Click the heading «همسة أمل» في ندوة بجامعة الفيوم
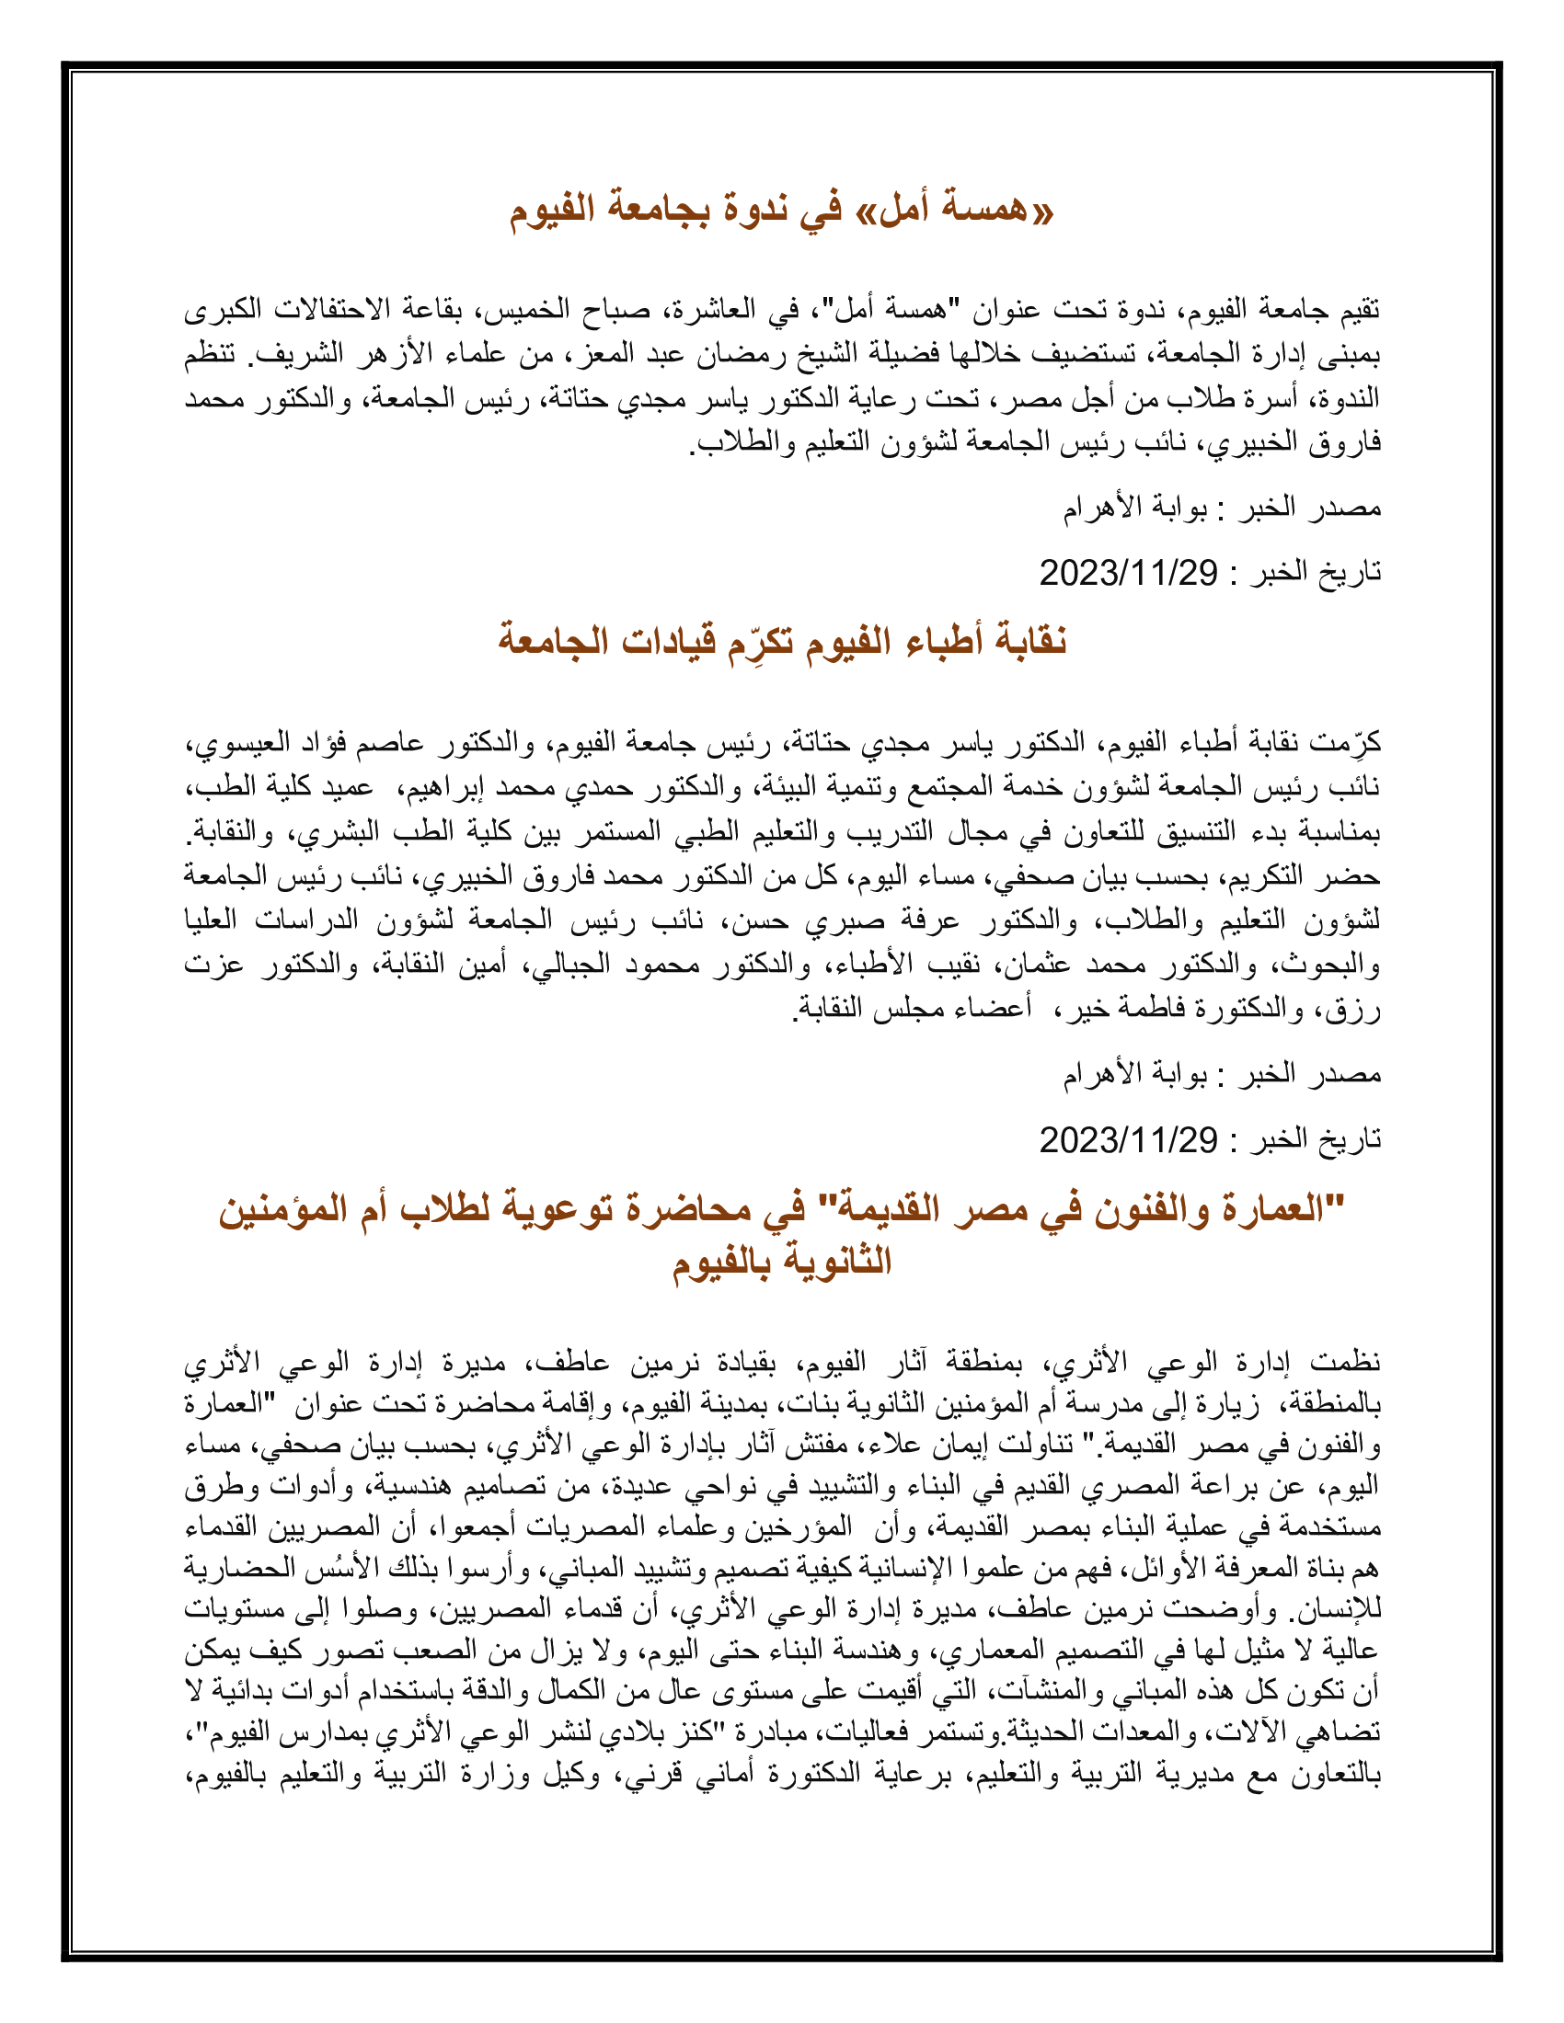click(x=781, y=211)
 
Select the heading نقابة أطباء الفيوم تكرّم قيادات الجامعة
click(x=781, y=641)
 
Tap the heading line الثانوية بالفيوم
click(x=781, y=1262)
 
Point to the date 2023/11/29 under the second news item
click(x=1128, y=1140)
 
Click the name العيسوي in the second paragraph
click(x=231, y=743)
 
